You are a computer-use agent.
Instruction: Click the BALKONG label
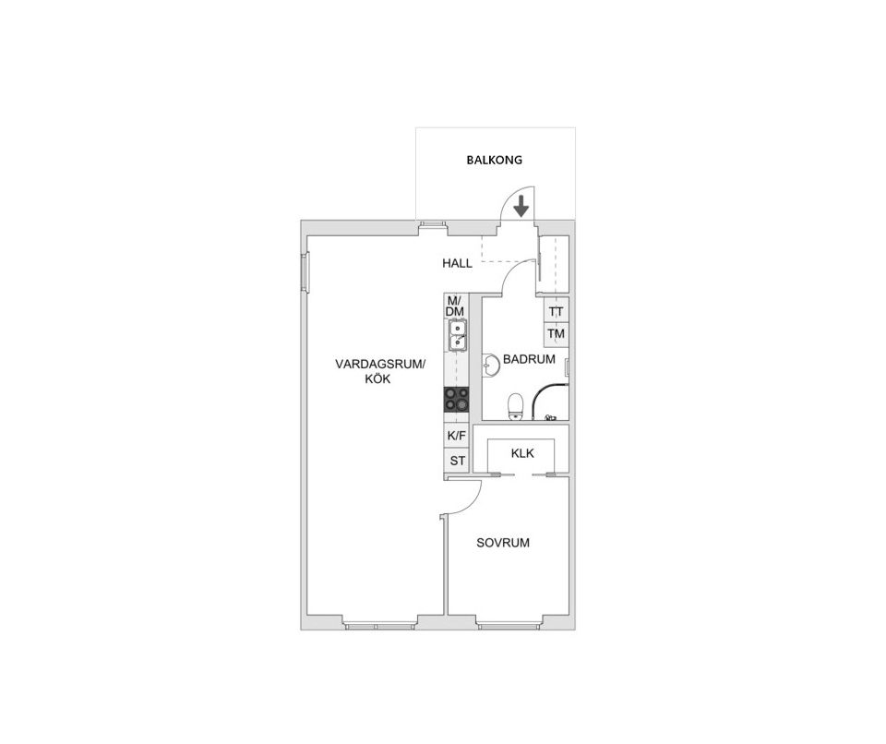pos(496,160)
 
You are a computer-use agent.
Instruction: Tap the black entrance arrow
pos(521,206)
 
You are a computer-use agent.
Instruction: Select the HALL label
pos(457,263)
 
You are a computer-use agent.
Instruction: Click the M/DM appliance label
pos(455,306)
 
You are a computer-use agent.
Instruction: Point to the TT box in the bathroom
pos(556,312)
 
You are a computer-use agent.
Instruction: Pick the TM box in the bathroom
pos(556,333)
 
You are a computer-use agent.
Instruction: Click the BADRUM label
pos(529,359)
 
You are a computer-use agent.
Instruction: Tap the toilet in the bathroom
pos(516,405)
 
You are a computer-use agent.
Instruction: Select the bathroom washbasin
pos(489,366)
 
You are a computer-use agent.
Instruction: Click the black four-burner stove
pos(456,399)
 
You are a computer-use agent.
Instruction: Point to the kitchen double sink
pos(456,336)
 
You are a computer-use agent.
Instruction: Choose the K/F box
pos(456,436)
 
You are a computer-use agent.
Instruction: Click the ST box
pos(456,460)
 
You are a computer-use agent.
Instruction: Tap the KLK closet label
pos(522,453)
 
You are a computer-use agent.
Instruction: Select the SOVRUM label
pos(503,543)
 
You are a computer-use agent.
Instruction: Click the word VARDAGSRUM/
pos(381,365)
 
